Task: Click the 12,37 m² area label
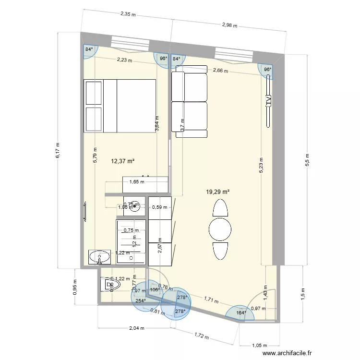(x=122, y=161)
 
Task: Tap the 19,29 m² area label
(x=217, y=192)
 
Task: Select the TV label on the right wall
(x=268, y=101)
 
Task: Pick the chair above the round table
(x=220, y=208)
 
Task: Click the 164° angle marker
(x=241, y=313)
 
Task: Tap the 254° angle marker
(x=141, y=301)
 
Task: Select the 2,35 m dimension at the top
(x=128, y=14)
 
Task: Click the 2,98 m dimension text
(x=229, y=25)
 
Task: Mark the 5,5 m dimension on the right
(x=308, y=159)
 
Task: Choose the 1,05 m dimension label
(x=260, y=345)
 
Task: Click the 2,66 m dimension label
(x=220, y=71)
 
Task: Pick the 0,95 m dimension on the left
(x=75, y=291)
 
